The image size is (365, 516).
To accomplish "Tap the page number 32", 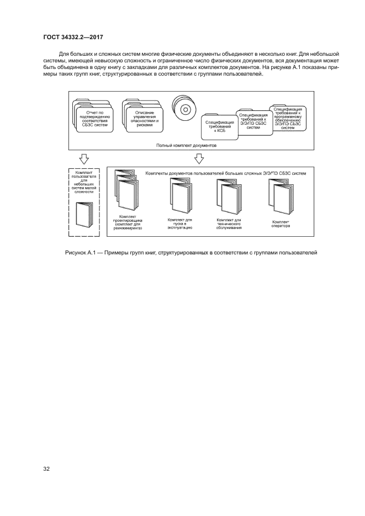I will (46, 469).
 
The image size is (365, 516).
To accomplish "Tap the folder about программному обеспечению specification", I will (288, 118).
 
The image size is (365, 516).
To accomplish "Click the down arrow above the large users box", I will (199, 158).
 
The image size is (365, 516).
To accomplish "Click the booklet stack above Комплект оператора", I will (281, 196).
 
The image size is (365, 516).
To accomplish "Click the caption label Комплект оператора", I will (281, 224).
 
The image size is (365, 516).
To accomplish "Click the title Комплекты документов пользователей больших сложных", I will (225, 173).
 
